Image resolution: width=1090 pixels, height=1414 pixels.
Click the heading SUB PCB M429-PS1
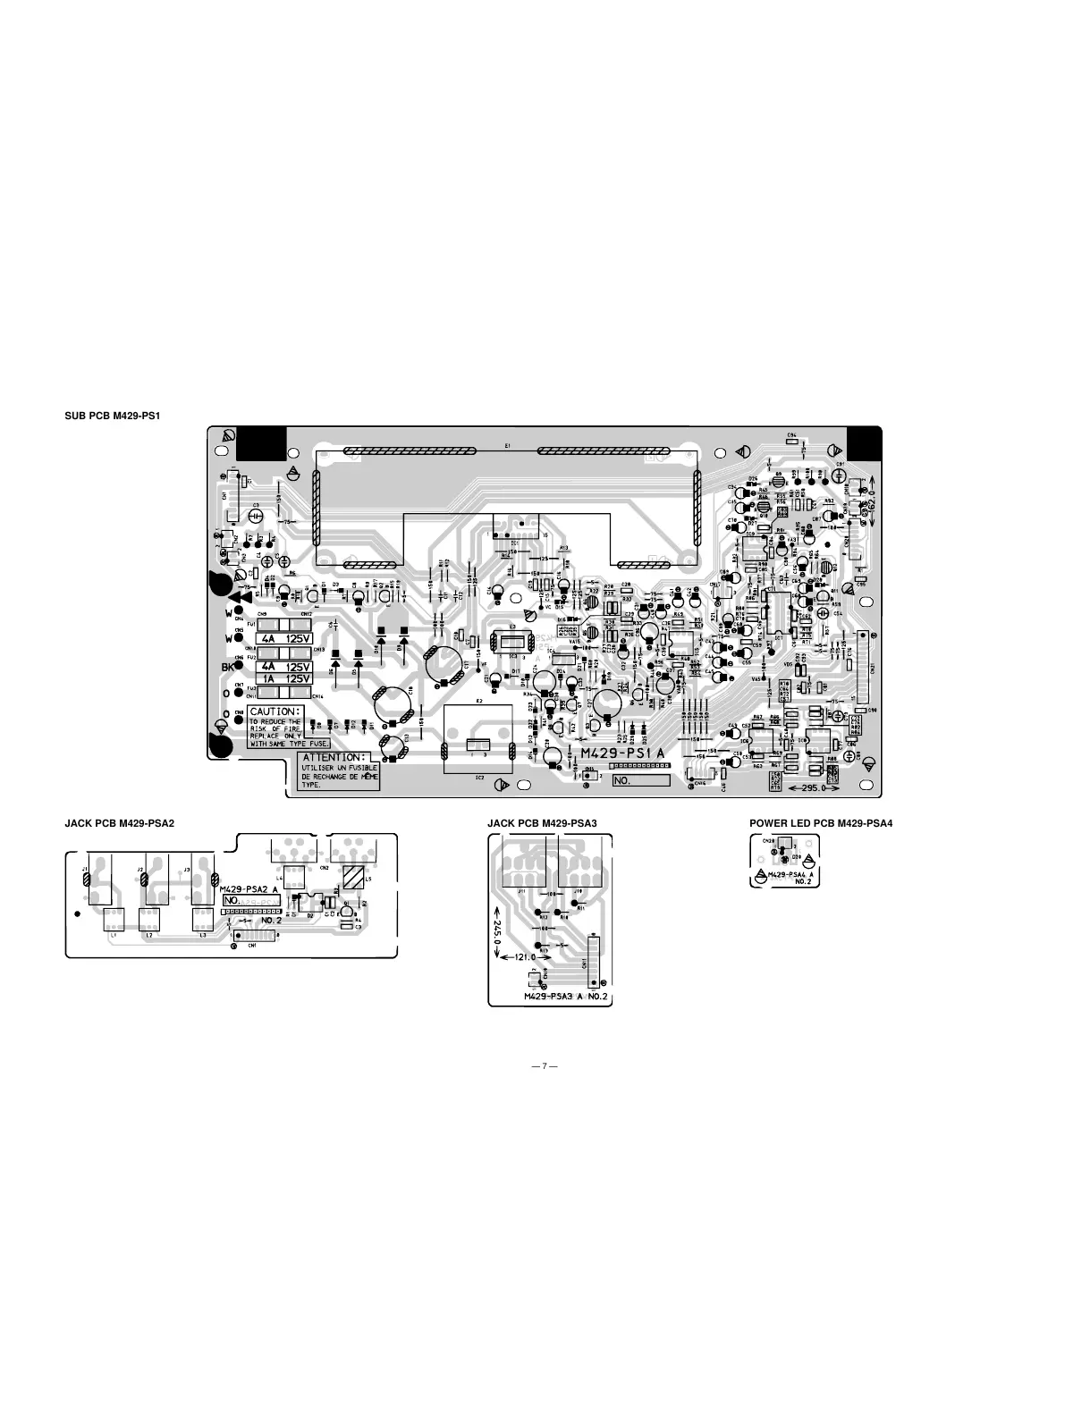click(112, 417)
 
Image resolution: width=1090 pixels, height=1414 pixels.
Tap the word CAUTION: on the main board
click(275, 711)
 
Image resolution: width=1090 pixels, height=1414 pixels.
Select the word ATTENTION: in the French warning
click(334, 757)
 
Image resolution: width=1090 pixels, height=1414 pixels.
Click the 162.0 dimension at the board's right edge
click(872, 495)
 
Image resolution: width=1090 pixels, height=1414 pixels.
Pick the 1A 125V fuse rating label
click(283, 678)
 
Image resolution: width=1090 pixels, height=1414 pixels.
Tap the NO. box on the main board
click(640, 780)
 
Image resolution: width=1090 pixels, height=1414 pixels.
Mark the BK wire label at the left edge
click(227, 666)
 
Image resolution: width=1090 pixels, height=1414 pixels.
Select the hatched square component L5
click(354, 877)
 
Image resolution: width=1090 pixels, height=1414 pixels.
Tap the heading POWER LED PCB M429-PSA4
click(821, 822)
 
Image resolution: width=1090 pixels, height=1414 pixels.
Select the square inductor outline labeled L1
click(114, 920)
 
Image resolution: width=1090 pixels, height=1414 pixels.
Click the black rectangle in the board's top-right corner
click(864, 442)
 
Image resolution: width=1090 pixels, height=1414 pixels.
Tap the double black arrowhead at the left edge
click(238, 599)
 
